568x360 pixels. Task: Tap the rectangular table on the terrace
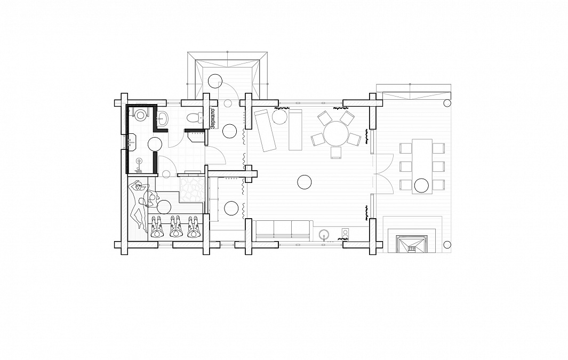click(422, 166)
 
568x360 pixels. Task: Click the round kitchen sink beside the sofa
click(325, 234)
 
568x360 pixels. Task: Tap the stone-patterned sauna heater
click(192, 188)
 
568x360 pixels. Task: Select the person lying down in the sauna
click(138, 204)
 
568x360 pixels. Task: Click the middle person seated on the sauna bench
click(176, 227)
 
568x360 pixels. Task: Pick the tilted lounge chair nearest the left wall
click(265, 130)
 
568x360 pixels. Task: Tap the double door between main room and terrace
click(383, 173)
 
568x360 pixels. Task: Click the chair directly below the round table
click(336, 153)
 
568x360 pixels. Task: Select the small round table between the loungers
click(279, 117)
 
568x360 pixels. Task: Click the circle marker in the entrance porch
click(214, 81)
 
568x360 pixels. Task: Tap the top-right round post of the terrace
click(447, 103)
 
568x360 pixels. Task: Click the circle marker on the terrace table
click(421, 185)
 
